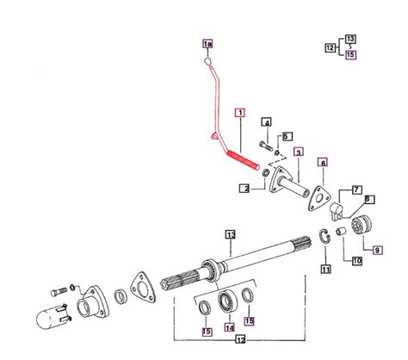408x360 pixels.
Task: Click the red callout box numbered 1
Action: coord(240,112)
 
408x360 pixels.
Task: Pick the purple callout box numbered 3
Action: coord(298,152)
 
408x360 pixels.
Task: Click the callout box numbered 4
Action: coord(267,123)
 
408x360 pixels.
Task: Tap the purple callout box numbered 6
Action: coord(323,162)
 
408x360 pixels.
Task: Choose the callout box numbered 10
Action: coord(356,259)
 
